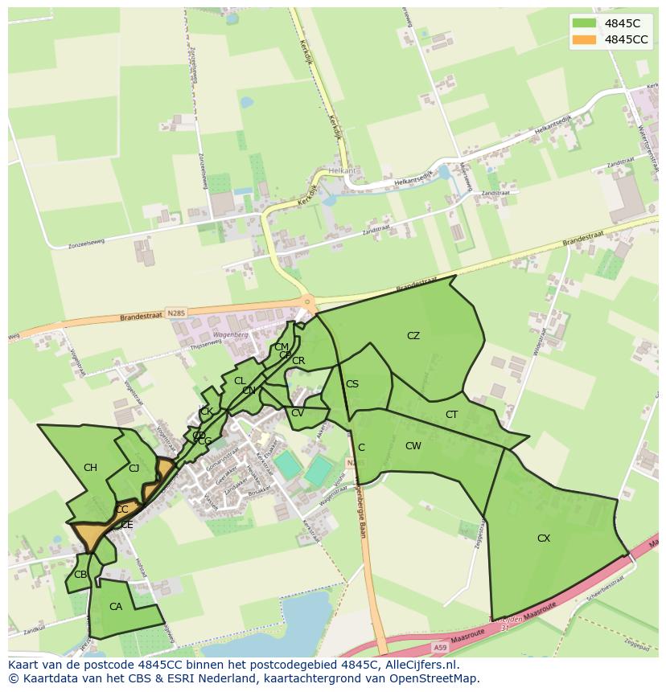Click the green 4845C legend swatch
(585, 23)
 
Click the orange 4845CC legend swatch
(585, 39)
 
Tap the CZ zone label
(413, 336)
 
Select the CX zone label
(544, 538)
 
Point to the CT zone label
(451, 415)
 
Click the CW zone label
(413, 446)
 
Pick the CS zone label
(352, 384)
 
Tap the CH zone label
(90, 468)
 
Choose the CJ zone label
(134, 468)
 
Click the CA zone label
(116, 607)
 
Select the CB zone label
(80, 575)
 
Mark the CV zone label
(298, 413)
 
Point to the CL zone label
(240, 381)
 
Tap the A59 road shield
(439, 647)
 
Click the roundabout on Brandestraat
(306, 302)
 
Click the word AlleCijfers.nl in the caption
(419, 665)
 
